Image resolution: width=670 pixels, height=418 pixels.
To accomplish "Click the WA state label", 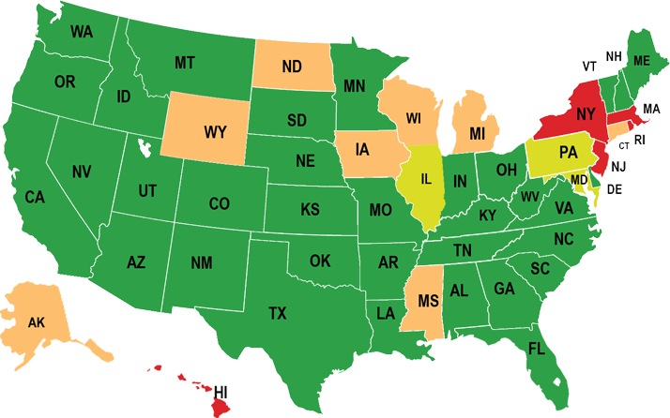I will [x=81, y=31].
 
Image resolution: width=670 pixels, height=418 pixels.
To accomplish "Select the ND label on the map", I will [x=291, y=67].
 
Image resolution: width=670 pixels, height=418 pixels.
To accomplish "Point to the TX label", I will [x=278, y=313].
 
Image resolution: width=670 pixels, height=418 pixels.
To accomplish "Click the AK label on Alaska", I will [x=37, y=322].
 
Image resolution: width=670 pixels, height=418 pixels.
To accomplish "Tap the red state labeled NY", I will [x=586, y=115].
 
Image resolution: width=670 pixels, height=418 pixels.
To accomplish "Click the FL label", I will [x=536, y=349].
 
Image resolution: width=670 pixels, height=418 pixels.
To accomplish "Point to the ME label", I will [x=642, y=60].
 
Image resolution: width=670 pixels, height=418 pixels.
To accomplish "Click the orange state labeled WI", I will [x=414, y=118].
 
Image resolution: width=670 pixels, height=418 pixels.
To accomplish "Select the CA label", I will [x=35, y=197].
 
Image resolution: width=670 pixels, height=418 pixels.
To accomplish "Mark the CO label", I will [x=219, y=203].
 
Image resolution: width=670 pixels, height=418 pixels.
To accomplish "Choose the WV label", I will [x=530, y=197].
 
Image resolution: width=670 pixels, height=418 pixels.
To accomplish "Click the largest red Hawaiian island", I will [x=215, y=404].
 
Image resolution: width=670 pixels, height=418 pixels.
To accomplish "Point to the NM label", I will [x=202, y=263].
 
